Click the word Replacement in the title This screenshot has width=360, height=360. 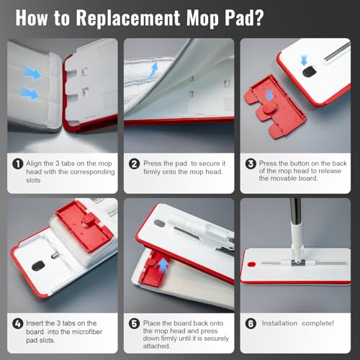(x=128, y=18)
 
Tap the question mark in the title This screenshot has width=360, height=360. (x=258, y=17)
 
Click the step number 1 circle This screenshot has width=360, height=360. (x=18, y=164)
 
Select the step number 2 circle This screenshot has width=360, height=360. (x=134, y=164)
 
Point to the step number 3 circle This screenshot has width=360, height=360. (x=251, y=164)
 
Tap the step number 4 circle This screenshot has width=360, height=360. (x=18, y=323)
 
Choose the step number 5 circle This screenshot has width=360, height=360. (x=134, y=323)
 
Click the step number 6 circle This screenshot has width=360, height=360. (x=251, y=323)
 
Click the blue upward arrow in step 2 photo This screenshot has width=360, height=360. (x=153, y=70)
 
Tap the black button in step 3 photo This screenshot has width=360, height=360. (x=309, y=72)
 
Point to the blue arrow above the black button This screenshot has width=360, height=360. (x=304, y=60)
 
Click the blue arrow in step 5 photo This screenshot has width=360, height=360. (x=163, y=265)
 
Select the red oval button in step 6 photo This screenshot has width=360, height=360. (x=251, y=264)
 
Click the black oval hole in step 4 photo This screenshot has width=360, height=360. (x=38, y=266)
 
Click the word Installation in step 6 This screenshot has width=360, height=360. (x=279, y=323)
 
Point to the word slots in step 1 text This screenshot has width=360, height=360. (x=33, y=180)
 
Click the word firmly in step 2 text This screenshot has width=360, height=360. (x=152, y=172)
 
